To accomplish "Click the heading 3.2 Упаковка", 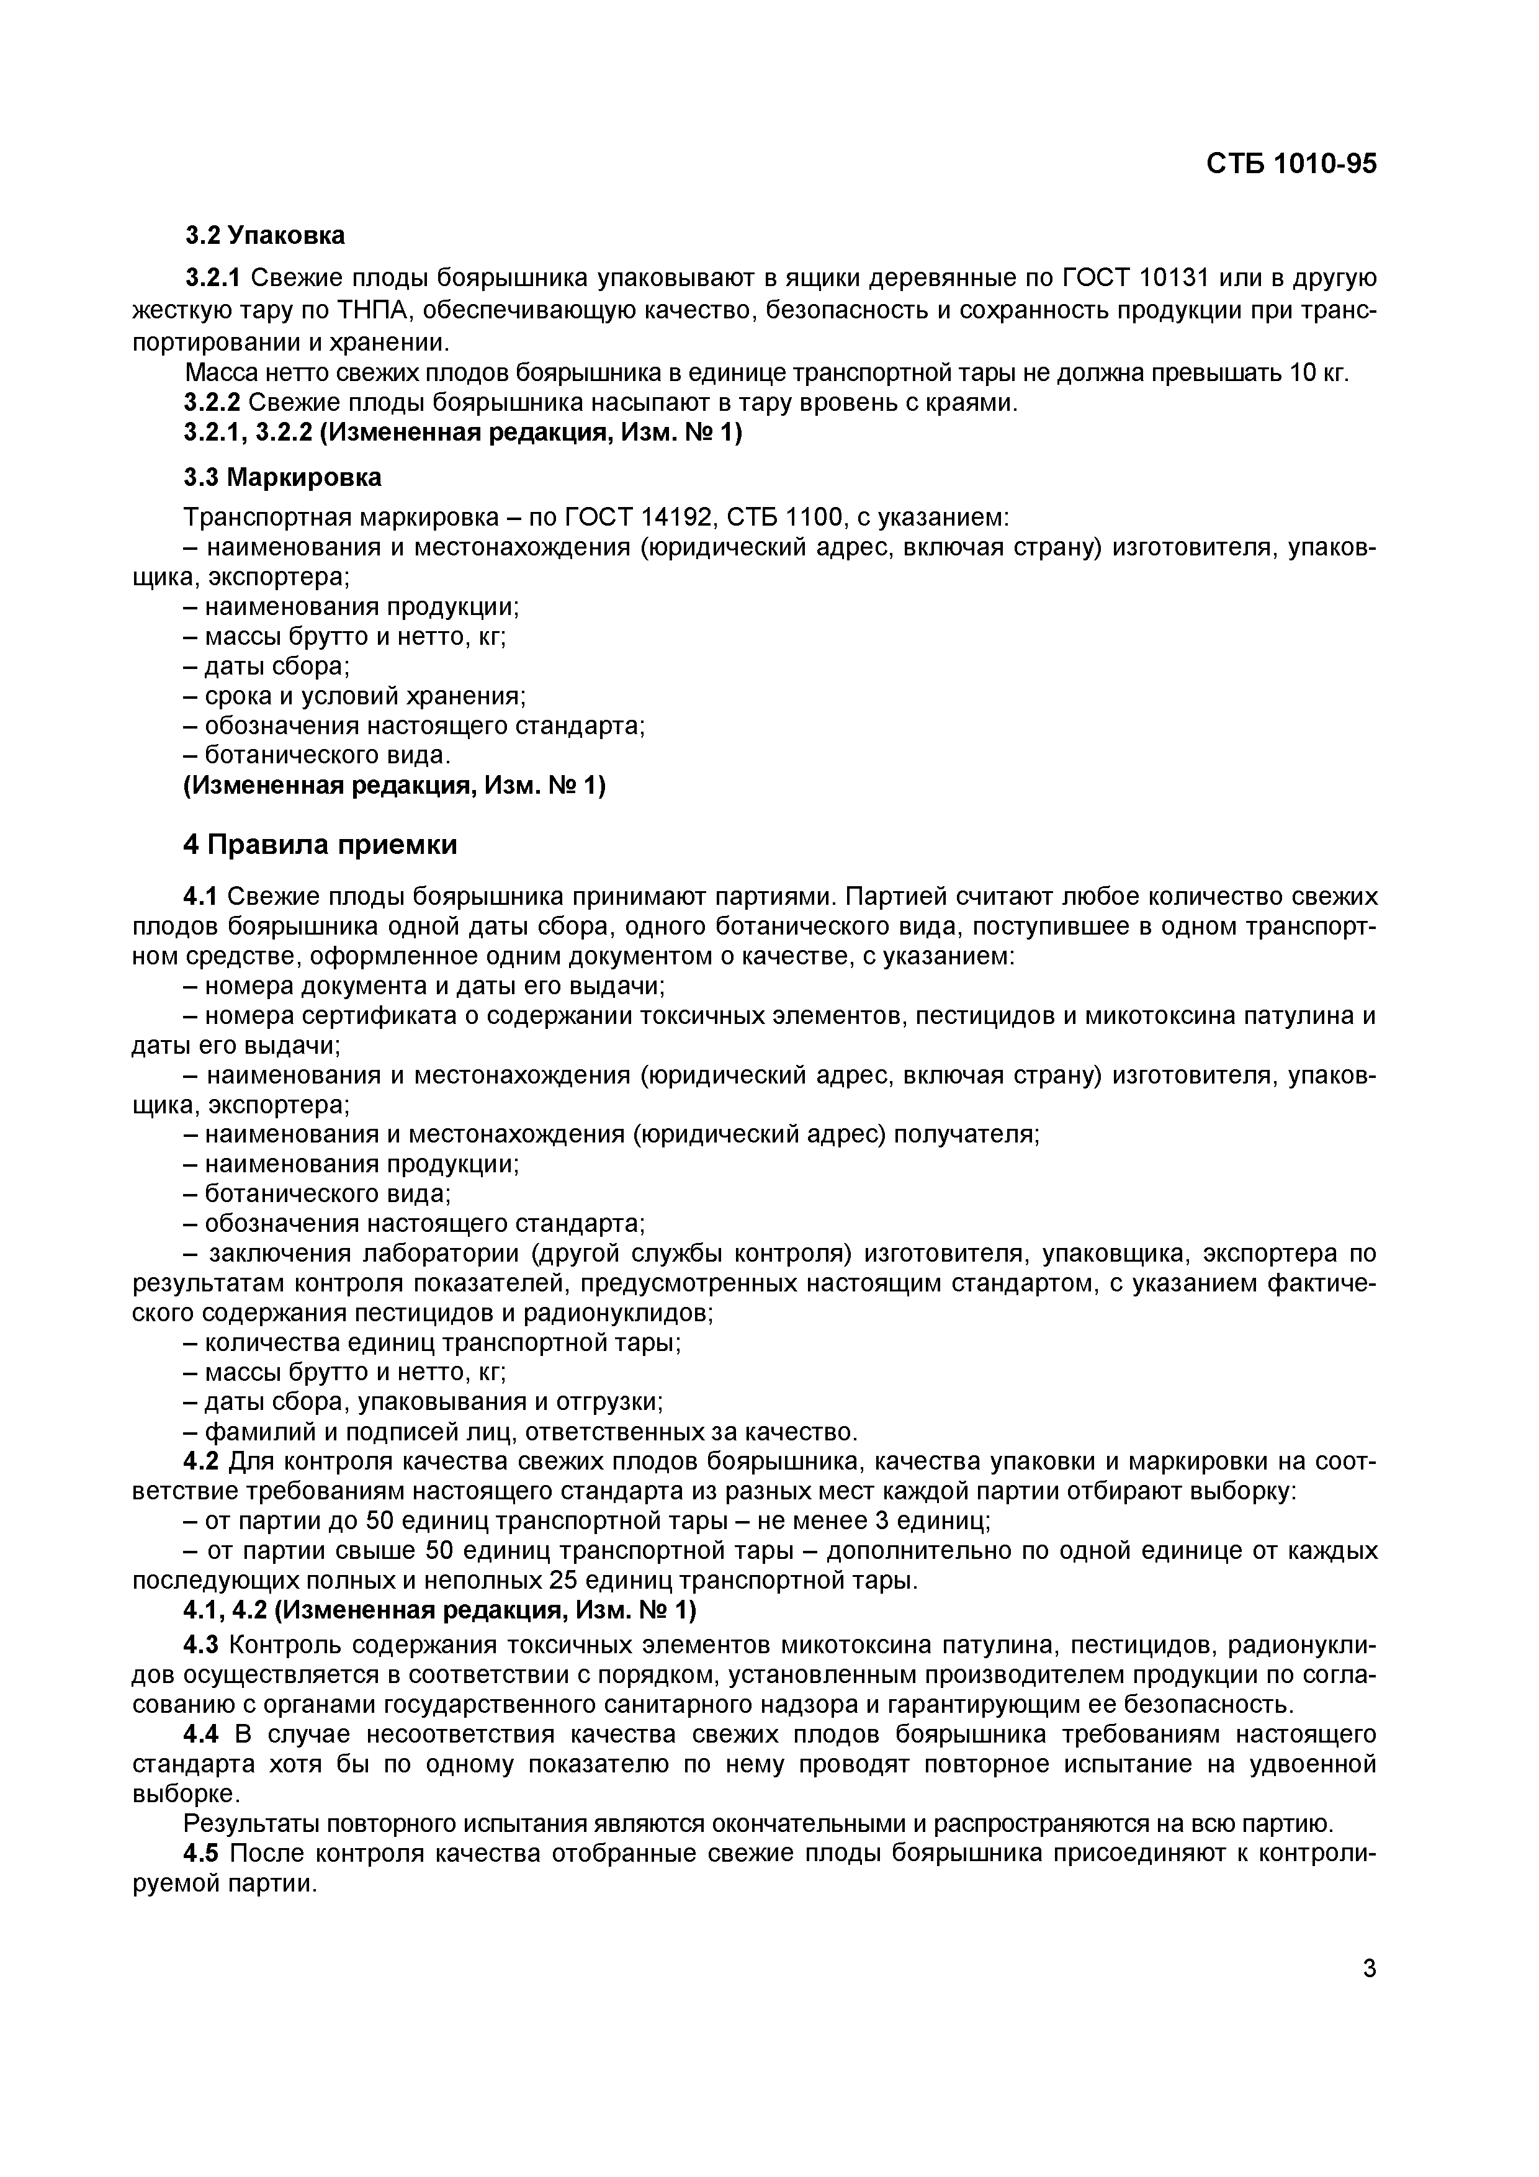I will [x=264, y=235].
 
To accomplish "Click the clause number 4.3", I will [x=201, y=1643].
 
